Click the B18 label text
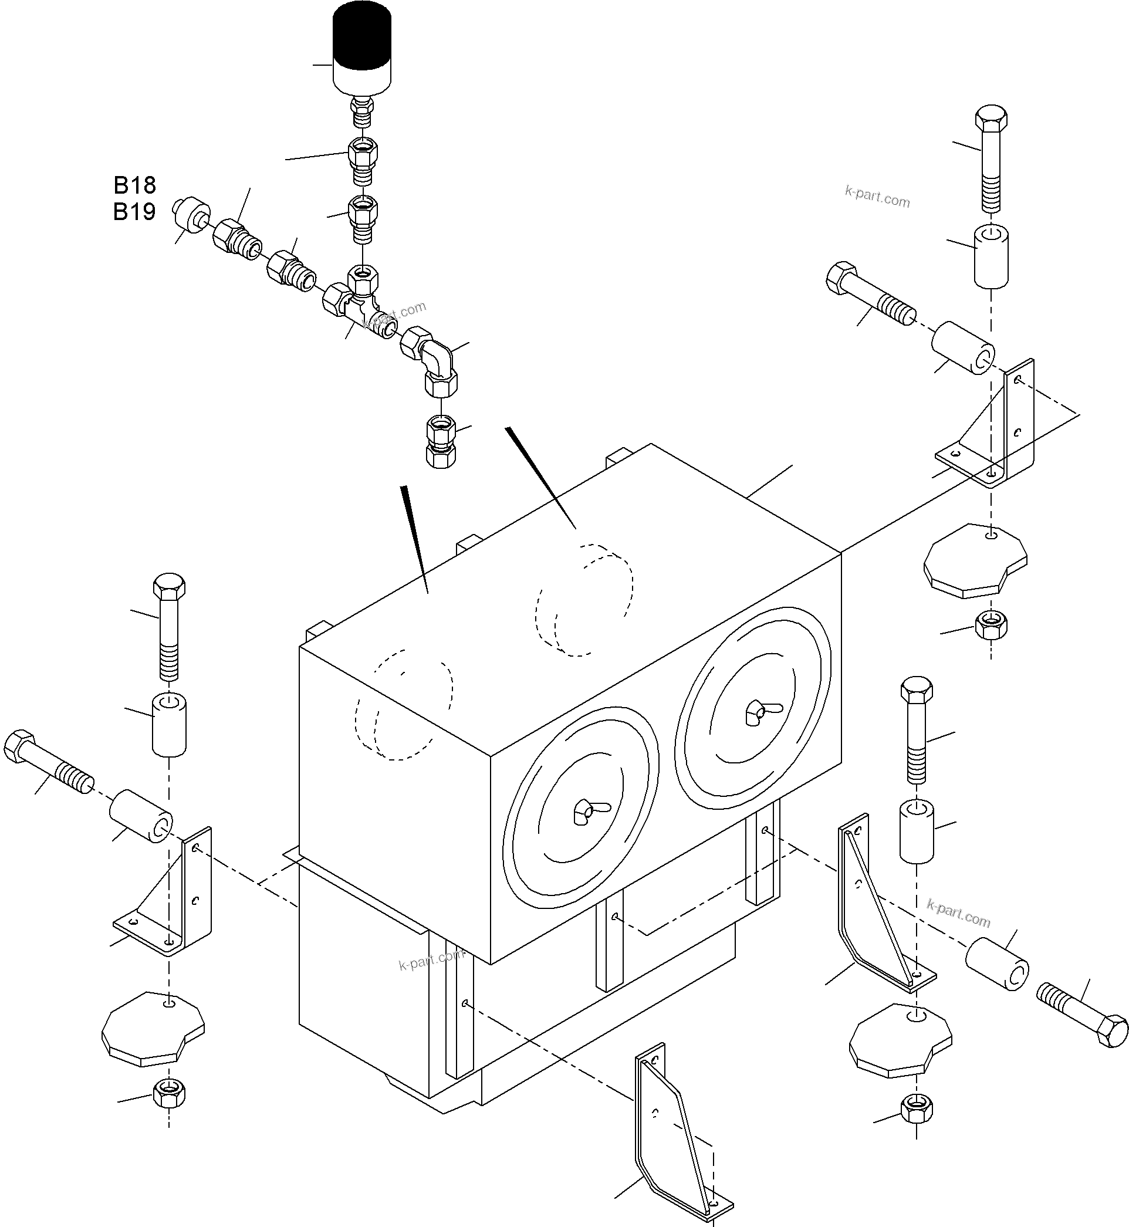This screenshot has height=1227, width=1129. tap(134, 184)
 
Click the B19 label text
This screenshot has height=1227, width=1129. tap(134, 211)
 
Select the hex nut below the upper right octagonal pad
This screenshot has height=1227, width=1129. tap(991, 624)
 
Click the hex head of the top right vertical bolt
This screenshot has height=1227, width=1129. tap(991, 119)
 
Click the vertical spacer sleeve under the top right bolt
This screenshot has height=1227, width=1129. tap(991, 256)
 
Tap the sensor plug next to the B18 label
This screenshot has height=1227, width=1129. tap(191, 215)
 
